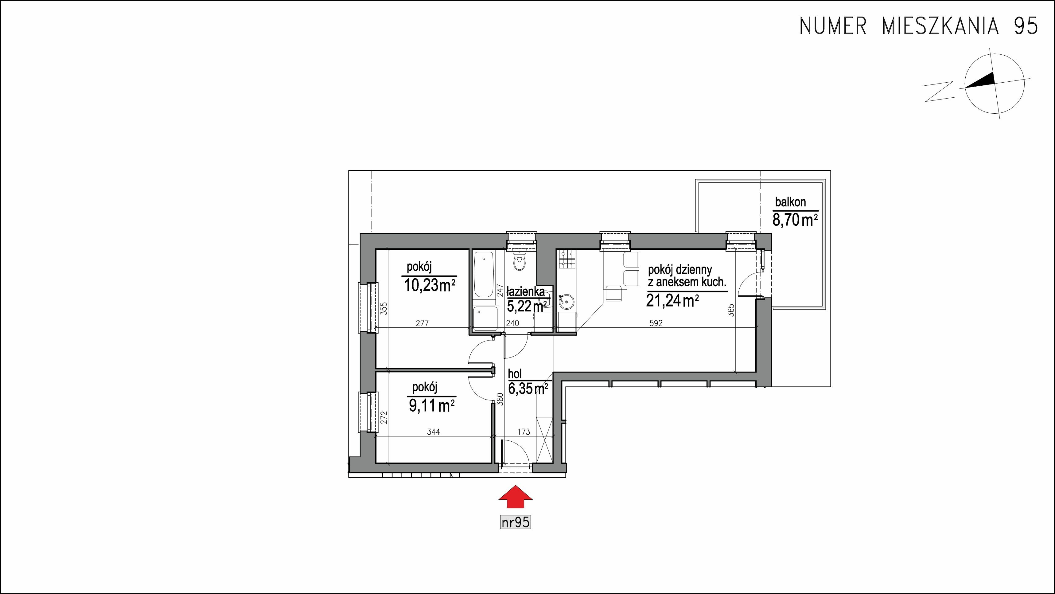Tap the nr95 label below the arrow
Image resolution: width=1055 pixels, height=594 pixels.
(x=516, y=523)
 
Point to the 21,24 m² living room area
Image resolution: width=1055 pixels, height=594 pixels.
(x=672, y=301)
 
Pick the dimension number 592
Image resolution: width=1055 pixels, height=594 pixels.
(x=656, y=323)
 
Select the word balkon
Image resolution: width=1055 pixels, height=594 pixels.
(x=790, y=202)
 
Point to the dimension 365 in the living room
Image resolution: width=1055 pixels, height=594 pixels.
(x=731, y=310)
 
